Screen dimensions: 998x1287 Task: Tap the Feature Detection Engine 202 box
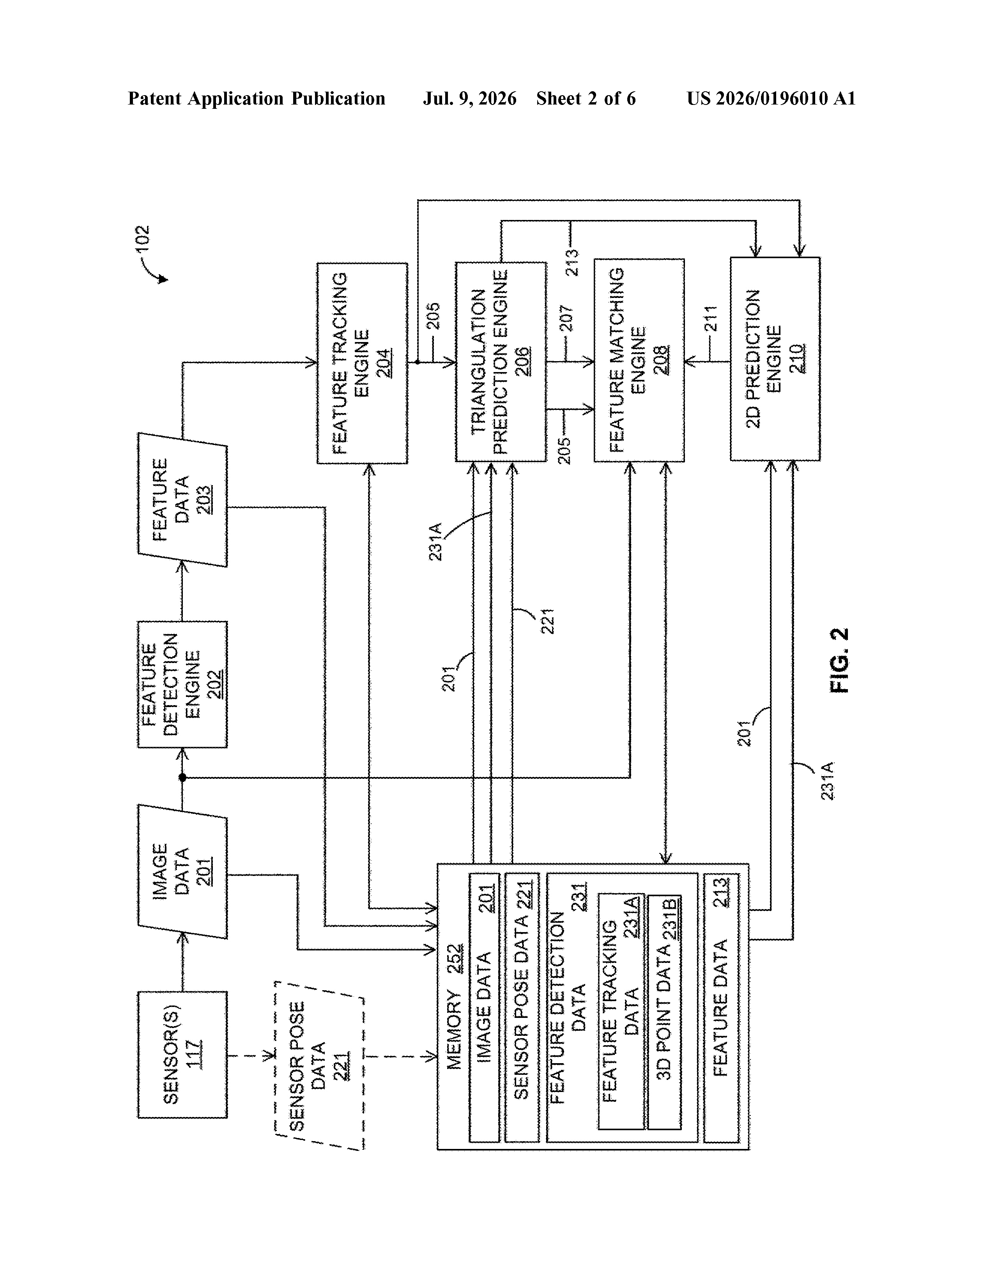coord(182,684)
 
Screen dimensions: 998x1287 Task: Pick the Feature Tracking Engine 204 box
coord(362,363)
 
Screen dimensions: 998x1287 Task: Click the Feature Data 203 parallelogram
coord(182,500)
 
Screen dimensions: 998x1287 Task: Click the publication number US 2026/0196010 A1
coord(771,98)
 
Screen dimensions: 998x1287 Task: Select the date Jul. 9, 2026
coord(469,98)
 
